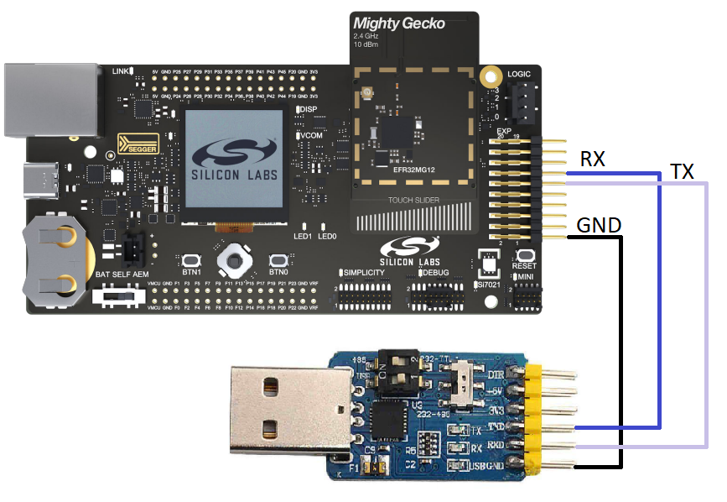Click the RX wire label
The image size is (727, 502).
(592, 159)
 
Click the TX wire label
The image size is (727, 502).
(682, 172)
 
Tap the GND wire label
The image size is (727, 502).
(599, 225)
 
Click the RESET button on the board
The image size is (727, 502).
(525, 255)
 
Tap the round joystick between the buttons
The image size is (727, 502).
(234, 262)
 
